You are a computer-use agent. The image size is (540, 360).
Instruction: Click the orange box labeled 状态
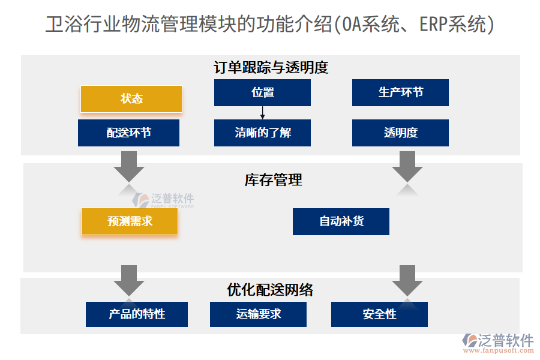tap(131, 99)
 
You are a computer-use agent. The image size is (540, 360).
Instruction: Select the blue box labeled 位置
tap(262, 92)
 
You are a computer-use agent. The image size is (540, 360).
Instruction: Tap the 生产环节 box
tap(400, 92)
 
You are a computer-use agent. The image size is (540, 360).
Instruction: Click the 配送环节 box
tap(128, 133)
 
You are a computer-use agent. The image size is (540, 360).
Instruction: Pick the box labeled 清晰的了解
tap(262, 133)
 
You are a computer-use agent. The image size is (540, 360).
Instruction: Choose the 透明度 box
tap(400, 133)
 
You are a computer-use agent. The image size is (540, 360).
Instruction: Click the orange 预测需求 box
tap(130, 221)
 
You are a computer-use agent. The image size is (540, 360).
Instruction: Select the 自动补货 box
tap(341, 221)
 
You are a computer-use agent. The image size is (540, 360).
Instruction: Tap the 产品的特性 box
tap(137, 314)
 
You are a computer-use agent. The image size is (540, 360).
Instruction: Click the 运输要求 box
tap(258, 314)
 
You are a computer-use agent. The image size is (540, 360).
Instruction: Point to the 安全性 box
tap(379, 314)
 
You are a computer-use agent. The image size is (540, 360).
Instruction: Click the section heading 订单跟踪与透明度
tap(271, 67)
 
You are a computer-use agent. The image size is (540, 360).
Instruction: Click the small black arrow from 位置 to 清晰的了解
tap(262, 113)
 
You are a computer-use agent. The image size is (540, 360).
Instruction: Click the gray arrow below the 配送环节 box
tap(128, 165)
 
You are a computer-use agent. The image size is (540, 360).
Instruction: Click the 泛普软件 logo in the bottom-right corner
tap(497, 343)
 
